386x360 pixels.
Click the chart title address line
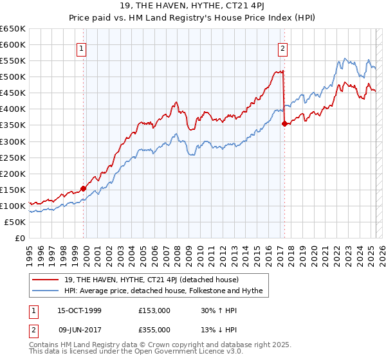192,6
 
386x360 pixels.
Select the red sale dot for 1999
83,188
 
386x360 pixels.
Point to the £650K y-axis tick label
13,29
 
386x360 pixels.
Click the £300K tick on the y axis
13,141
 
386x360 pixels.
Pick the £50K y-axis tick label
15,222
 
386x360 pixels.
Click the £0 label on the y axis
20,238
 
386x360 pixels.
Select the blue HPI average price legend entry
164,291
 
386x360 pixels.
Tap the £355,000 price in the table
154,330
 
